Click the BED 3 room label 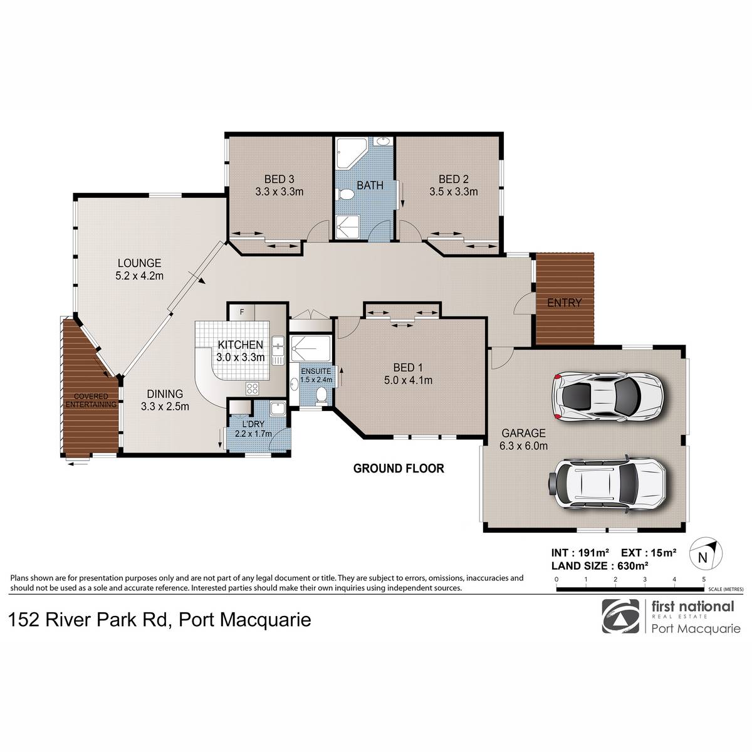(279, 179)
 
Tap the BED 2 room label (454, 179)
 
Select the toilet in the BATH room (345, 194)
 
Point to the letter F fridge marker (242, 312)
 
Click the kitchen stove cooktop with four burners (252, 388)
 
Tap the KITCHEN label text (241, 345)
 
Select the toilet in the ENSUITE (321, 395)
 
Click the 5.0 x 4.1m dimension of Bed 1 (408, 380)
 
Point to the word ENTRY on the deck (564, 303)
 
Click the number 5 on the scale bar (704, 579)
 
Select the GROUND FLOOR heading (399, 468)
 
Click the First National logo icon (621, 616)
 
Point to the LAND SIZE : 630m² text (600, 566)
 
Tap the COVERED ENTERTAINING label (91, 400)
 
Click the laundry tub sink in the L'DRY (278, 408)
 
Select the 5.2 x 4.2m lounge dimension (139, 276)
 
